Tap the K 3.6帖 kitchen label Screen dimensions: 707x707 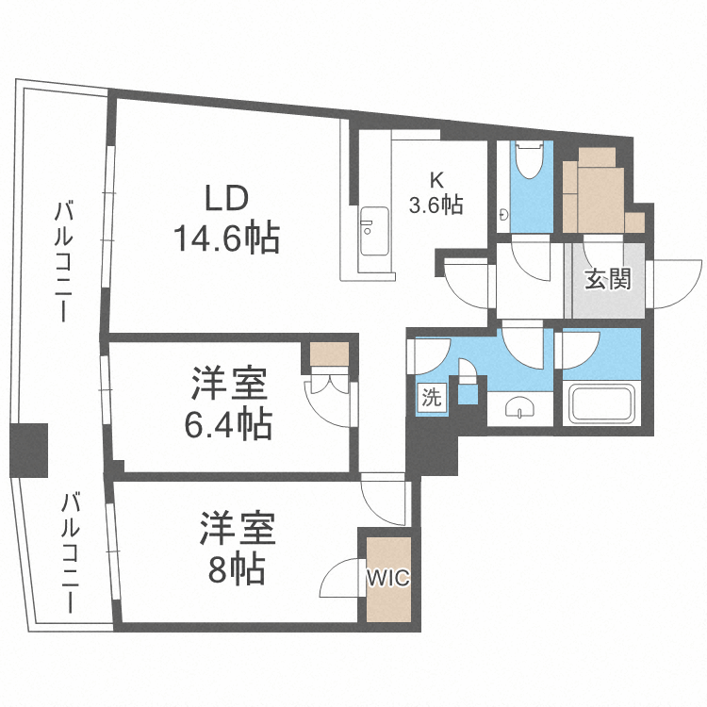436,193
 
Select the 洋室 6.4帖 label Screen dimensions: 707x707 229,403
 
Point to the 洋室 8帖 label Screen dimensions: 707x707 237,548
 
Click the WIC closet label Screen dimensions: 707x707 387,577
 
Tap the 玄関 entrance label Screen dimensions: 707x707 607,280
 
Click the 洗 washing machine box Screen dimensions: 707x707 432,397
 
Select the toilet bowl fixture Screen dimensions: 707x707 530,159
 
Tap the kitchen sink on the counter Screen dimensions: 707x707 374,230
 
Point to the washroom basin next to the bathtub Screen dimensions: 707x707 519,407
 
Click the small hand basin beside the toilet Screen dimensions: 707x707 503,215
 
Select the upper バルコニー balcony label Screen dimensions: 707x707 62,261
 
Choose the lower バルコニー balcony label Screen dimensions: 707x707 70,553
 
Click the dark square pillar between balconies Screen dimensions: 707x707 29,450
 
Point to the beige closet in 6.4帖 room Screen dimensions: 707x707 330,353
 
